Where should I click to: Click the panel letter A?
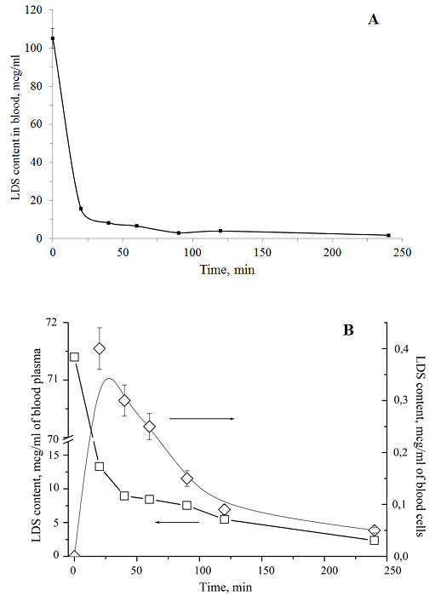pyautogui.click(x=373, y=20)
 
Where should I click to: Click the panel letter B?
pyautogui.click(x=348, y=330)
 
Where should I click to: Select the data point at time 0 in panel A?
pyautogui.click(x=53, y=38)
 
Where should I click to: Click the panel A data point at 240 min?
pyautogui.click(x=388, y=235)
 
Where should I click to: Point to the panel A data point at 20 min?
pyautogui.click(x=81, y=209)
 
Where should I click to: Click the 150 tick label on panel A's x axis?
pyautogui.click(x=262, y=252)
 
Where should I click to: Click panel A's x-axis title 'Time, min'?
pyautogui.click(x=227, y=270)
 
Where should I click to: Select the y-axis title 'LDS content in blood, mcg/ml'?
pyautogui.click(x=16, y=124)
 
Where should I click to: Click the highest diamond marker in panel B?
pyautogui.click(x=100, y=348)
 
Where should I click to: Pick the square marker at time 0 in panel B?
pyautogui.click(x=74, y=357)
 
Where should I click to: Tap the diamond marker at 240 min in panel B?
pyautogui.click(x=375, y=530)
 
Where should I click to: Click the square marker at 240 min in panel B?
pyautogui.click(x=375, y=540)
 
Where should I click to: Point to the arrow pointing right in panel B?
pyautogui.click(x=202, y=419)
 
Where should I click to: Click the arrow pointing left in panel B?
pyautogui.click(x=177, y=522)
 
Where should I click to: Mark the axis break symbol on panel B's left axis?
pyautogui.click(x=67, y=441)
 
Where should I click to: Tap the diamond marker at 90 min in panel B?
pyautogui.click(x=186, y=479)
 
